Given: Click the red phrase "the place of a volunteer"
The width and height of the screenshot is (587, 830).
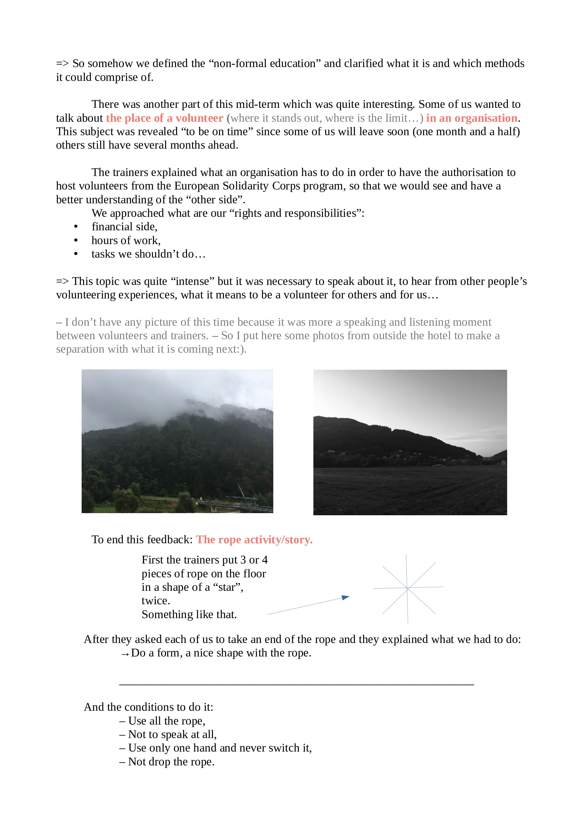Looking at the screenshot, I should click(x=164, y=118).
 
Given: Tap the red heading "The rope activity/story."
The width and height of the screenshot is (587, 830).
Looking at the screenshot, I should click(x=254, y=540).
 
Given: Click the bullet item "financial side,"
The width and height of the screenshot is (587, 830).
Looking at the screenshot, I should click(x=124, y=227).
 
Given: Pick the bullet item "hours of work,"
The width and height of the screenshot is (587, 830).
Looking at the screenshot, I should click(x=126, y=240).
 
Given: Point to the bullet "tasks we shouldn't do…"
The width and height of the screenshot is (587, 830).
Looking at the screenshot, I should click(x=148, y=254).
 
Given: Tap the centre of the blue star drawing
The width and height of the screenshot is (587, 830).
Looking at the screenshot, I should click(x=408, y=588).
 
